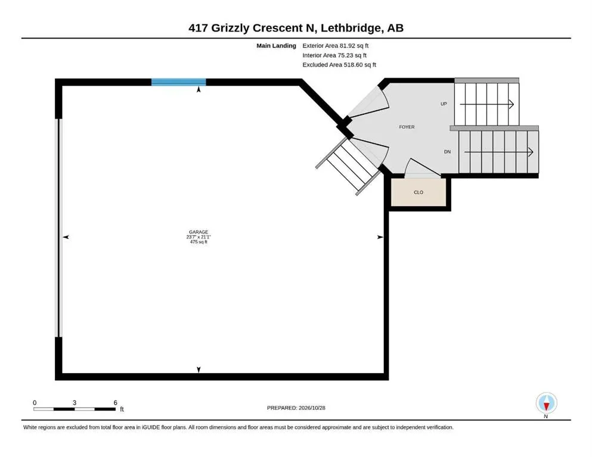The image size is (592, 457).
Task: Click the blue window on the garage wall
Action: (x=179, y=82)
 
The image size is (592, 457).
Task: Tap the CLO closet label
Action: (x=419, y=192)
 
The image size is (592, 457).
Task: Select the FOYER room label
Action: (x=407, y=127)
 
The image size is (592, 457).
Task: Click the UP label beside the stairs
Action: (x=444, y=104)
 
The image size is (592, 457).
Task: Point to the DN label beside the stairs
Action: (x=447, y=152)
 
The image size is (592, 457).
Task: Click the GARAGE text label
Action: (x=199, y=232)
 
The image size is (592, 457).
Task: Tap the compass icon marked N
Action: (x=546, y=403)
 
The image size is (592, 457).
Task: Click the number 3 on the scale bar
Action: (x=75, y=402)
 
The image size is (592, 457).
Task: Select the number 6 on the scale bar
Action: (x=115, y=402)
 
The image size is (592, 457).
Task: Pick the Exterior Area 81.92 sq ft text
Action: (x=335, y=46)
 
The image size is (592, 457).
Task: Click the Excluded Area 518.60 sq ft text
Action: (x=339, y=64)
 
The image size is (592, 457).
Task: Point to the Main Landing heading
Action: (x=277, y=46)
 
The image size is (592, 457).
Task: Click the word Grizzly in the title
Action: (x=230, y=28)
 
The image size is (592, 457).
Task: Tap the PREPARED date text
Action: (x=296, y=408)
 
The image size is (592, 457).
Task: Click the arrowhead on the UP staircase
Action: (x=511, y=104)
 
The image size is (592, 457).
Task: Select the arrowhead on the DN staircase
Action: (x=531, y=152)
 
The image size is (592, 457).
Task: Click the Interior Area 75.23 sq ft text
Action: (x=334, y=55)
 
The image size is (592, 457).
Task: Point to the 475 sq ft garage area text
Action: (x=199, y=242)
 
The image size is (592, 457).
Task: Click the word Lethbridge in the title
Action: (x=351, y=28)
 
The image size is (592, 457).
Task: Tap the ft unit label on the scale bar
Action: (x=122, y=409)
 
